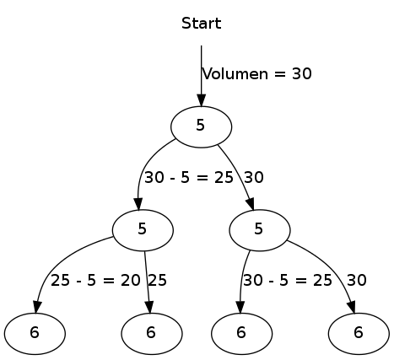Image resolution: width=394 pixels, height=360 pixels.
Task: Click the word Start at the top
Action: (x=201, y=23)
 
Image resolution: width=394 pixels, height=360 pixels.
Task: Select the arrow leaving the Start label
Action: (x=202, y=76)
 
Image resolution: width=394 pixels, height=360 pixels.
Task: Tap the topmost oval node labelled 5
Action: (x=201, y=126)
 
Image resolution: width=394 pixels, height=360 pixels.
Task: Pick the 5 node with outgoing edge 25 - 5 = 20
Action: (x=143, y=228)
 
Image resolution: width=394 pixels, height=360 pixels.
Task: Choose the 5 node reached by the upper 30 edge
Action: (x=259, y=228)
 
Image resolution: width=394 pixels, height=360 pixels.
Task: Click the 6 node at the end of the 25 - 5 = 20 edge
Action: (x=34, y=331)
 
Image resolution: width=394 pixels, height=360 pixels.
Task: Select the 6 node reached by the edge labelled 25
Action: (x=150, y=331)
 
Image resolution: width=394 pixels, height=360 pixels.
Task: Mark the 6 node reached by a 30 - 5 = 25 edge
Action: (x=241, y=331)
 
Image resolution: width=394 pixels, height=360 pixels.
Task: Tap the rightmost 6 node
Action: (x=358, y=331)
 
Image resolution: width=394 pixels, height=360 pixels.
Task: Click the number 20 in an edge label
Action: (x=131, y=280)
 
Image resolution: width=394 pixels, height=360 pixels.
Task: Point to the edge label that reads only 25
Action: (x=157, y=280)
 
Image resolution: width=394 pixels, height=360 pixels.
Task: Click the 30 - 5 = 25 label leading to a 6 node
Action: (x=287, y=280)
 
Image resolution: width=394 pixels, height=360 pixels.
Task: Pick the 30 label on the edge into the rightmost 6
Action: (x=357, y=280)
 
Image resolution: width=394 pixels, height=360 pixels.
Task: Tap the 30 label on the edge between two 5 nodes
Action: (x=254, y=177)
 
